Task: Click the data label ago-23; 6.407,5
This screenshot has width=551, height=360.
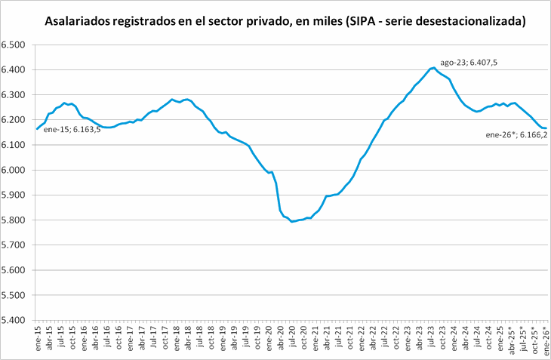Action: tap(468, 63)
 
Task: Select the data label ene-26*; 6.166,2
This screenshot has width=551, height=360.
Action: tap(516, 135)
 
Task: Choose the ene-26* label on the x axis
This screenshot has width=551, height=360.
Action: tap(544, 334)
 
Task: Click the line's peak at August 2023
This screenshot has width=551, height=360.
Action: tap(433, 68)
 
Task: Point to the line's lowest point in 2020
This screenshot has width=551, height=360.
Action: tap(292, 221)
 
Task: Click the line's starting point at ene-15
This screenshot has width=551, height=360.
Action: tap(37, 129)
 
